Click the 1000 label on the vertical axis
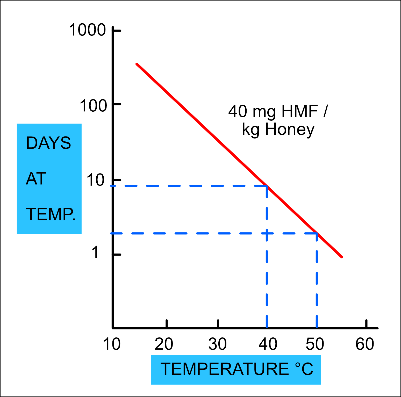87,30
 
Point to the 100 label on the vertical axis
93,106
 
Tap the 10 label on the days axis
95,180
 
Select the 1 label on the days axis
95,252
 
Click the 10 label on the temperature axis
112,344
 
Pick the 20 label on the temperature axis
164,344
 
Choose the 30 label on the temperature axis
218,344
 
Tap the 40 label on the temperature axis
268,344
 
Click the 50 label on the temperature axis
315,344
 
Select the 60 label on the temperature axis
365,344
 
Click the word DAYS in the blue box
48,143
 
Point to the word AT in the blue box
36,179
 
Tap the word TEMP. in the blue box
51,214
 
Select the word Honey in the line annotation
290,129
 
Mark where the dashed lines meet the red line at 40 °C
267,186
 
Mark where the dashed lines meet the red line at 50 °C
317,233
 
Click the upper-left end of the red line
137,64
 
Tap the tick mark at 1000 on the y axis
117,31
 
